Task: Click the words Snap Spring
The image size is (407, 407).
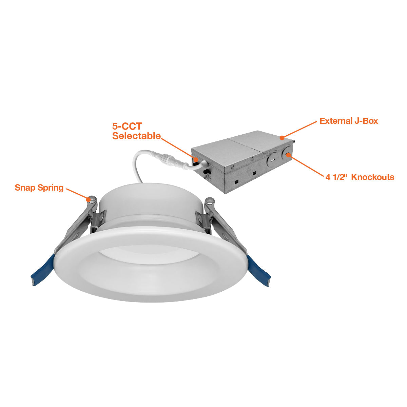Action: (39, 188)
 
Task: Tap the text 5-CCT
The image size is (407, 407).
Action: (127, 126)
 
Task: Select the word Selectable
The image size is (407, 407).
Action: (136, 136)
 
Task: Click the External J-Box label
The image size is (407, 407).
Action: (349, 121)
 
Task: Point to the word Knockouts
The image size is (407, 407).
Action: (372, 177)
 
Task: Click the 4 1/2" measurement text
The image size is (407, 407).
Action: (336, 177)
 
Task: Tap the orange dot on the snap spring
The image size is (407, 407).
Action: (88, 199)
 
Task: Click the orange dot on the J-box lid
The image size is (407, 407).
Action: (282, 138)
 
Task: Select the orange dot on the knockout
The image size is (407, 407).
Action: (288, 155)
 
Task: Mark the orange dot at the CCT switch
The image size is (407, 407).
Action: (196, 159)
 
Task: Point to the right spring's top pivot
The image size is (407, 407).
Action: (210, 201)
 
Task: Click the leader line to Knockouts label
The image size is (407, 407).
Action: (306, 166)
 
